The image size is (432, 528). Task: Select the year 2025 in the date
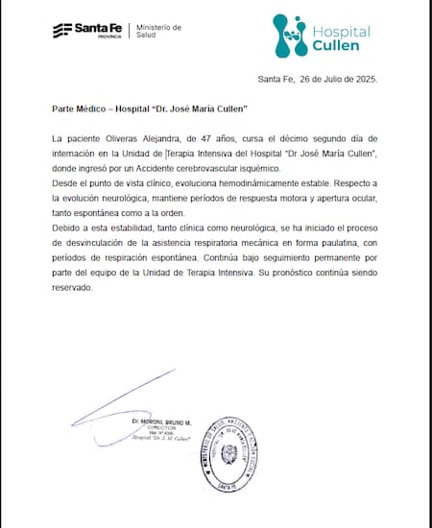point(364,79)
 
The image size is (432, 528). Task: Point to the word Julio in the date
point(326,79)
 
